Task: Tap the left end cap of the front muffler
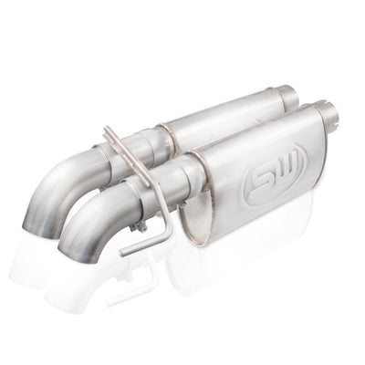pos(209,196)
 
